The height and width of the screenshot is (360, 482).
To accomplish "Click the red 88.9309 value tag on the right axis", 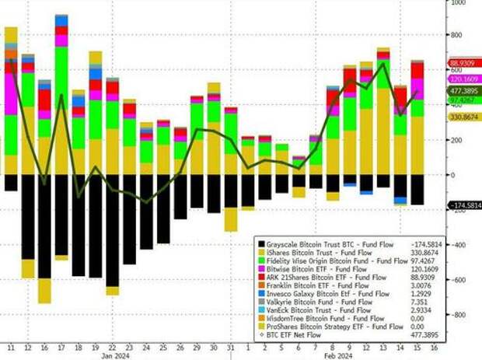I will pos(463,63).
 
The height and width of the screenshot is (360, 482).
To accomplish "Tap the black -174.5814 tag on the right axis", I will pos(463,205).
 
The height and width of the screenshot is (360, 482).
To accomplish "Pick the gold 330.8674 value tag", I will pos(463,117).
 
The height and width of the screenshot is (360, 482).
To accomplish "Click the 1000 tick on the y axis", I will pos(458,2).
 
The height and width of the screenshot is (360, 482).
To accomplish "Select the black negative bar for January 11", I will pos(10,183).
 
